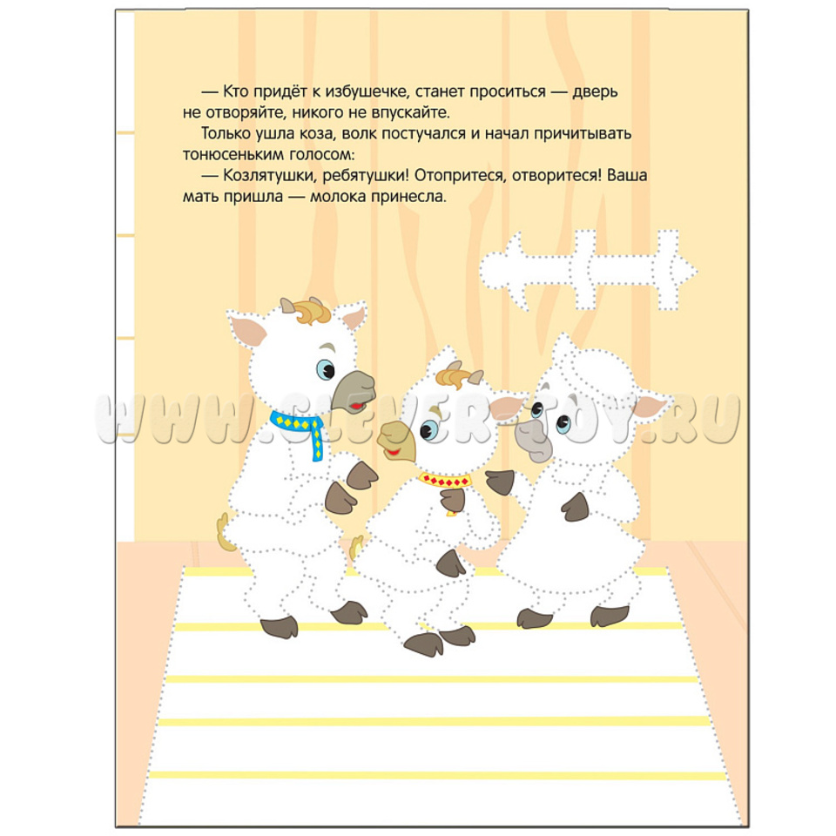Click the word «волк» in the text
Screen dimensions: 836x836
[359, 133]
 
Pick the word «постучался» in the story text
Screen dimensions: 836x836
[424, 134]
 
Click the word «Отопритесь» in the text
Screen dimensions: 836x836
[459, 176]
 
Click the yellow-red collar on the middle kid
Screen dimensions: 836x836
[445, 482]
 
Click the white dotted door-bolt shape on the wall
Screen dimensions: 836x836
[588, 270]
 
